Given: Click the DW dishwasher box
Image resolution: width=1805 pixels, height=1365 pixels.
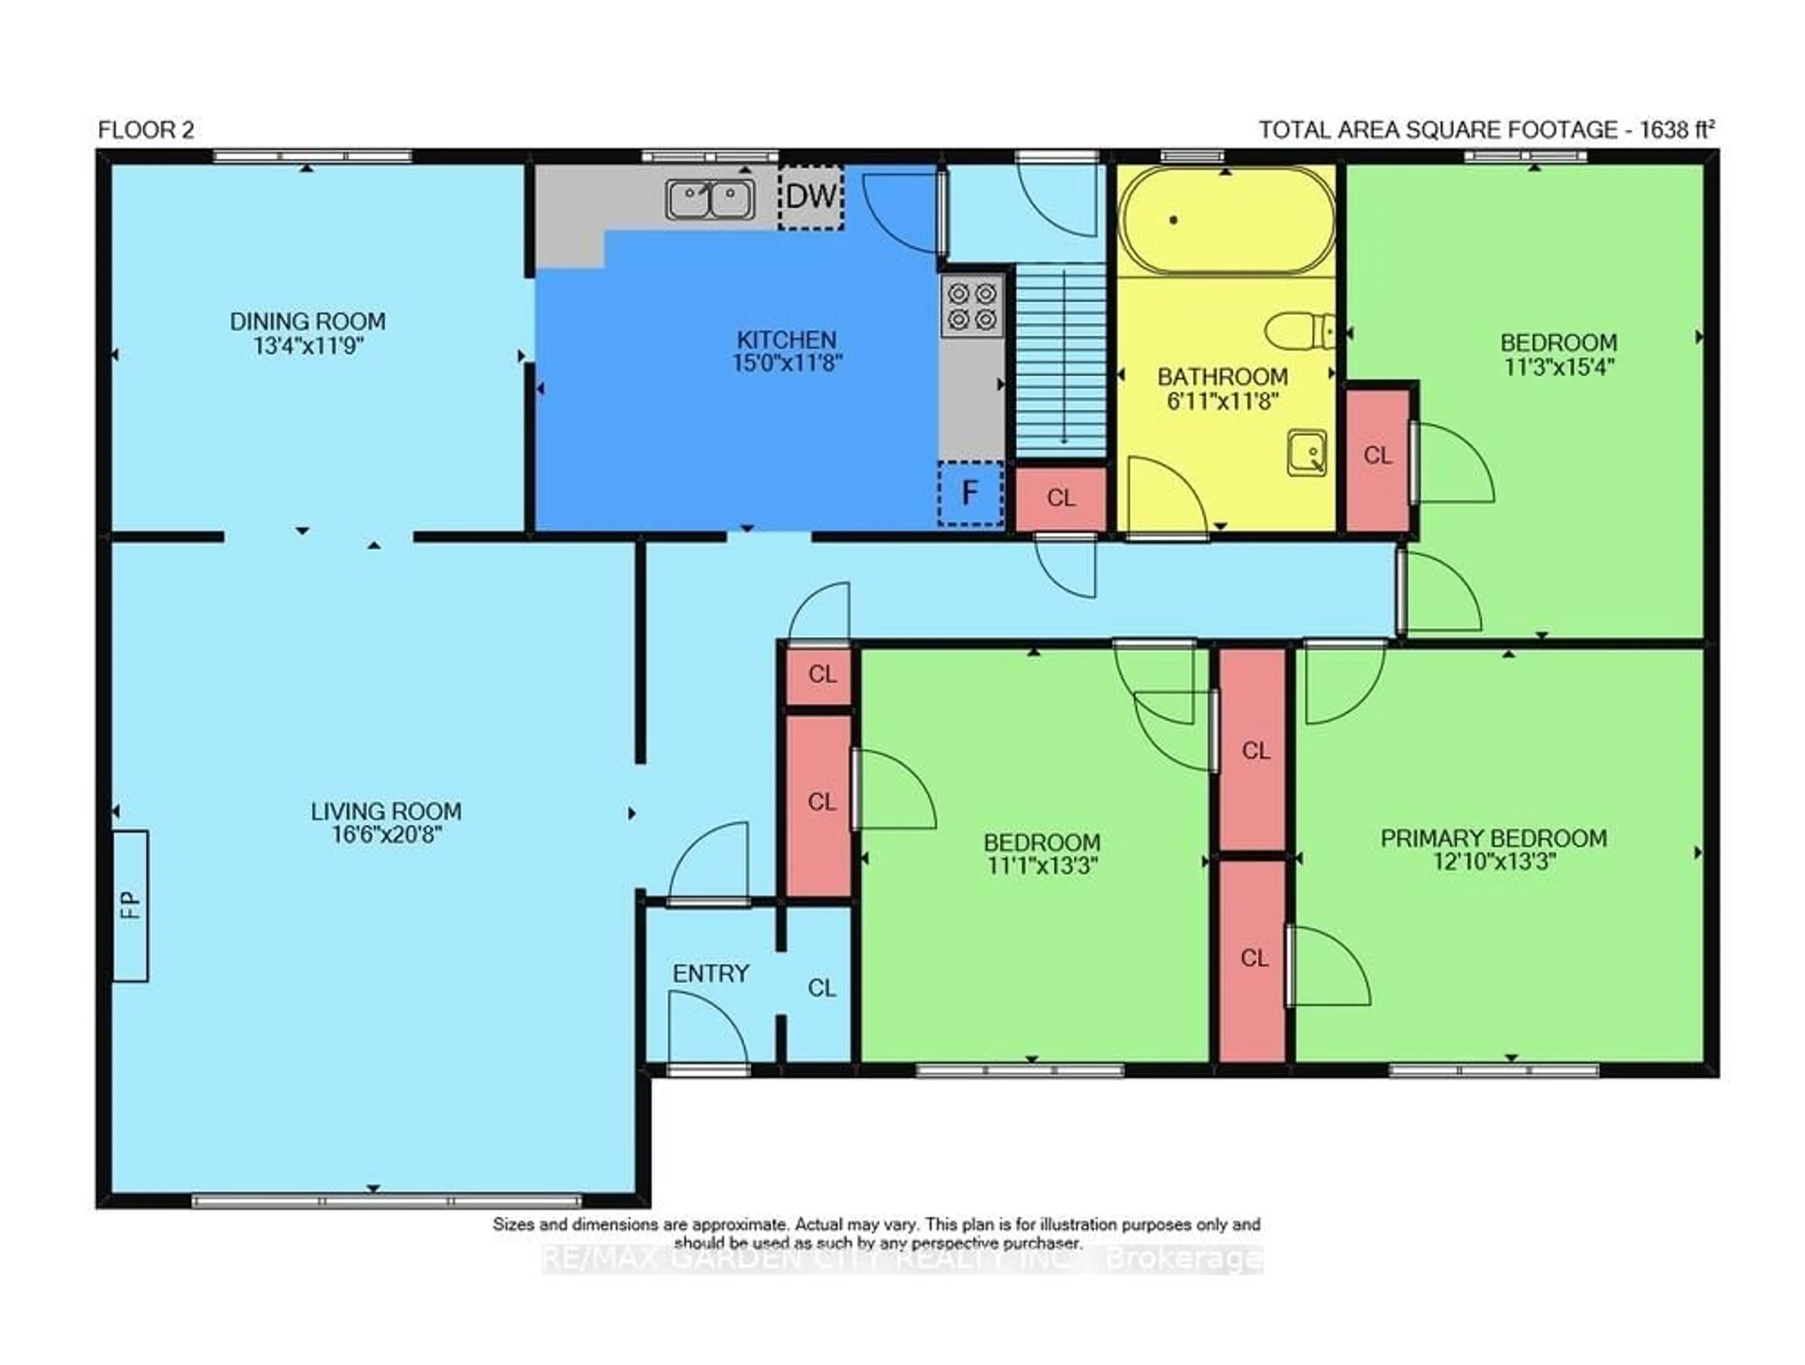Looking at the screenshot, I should coord(810,197).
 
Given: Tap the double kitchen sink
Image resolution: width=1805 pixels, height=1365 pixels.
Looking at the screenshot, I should coord(710,200).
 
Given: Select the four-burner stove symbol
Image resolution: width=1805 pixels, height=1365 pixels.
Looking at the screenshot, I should coord(973,305).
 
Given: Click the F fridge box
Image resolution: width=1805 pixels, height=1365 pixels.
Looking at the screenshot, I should coord(969,493).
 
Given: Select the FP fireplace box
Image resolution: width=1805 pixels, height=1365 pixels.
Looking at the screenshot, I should coord(131,905).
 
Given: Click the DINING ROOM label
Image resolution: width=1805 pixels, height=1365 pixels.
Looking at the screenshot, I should coord(307,322).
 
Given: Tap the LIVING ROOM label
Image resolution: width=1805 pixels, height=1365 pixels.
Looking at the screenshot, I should coord(386,812).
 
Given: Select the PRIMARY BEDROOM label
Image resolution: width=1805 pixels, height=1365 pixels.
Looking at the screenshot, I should coord(1493,838).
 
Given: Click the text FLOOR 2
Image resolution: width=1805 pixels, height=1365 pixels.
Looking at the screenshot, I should coord(146,130).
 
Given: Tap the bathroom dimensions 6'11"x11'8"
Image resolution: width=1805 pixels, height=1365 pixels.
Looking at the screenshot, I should coord(1223,401).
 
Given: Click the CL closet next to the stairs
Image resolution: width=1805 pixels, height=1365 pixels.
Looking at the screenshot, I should coord(1061,498).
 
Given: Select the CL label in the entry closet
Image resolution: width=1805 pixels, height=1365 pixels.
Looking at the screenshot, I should coord(822,989).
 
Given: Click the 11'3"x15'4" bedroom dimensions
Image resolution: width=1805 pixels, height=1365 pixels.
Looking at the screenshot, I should coord(1559,367).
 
